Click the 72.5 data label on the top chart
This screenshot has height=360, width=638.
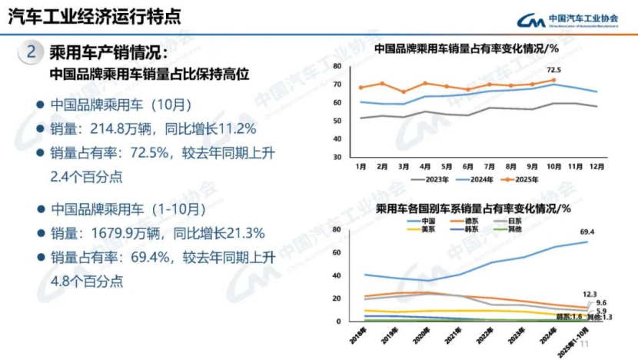click(553, 70)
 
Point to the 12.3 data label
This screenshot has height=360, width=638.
click(590, 294)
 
